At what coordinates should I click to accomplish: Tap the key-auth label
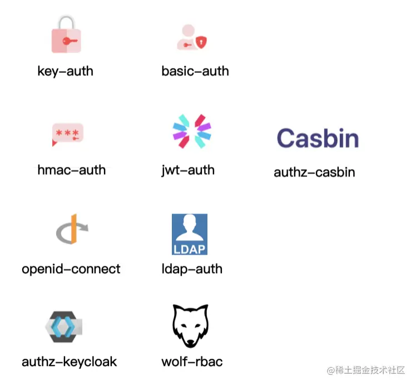(65, 71)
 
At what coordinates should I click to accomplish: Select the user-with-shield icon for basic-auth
(191, 38)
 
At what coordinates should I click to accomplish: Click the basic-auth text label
(195, 71)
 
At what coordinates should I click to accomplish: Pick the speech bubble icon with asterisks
(67, 134)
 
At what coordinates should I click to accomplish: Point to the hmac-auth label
(71, 170)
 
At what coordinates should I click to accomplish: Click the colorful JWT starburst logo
(192, 131)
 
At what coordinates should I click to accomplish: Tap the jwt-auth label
(187, 170)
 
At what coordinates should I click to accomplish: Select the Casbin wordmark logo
(318, 138)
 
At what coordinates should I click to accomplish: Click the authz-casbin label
(314, 172)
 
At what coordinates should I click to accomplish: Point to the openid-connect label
(71, 269)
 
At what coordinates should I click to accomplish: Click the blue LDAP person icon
(189, 234)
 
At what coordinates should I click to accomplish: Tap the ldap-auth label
(191, 269)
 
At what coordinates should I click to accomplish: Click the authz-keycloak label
(69, 362)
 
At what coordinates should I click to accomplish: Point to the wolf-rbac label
(192, 362)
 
